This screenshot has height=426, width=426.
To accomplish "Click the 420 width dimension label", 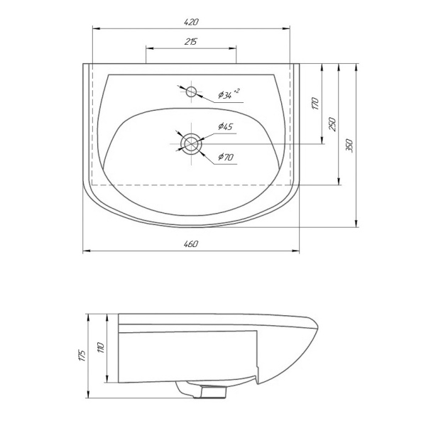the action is (x=191, y=22).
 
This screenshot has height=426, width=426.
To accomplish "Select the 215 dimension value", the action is (x=191, y=42).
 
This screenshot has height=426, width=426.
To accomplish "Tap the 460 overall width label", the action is (x=191, y=244).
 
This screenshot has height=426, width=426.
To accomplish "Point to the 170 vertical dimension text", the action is (x=315, y=103).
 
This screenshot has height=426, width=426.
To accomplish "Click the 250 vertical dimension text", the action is (x=332, y=124).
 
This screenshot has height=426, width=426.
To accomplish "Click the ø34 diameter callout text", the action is (x=229, y=94).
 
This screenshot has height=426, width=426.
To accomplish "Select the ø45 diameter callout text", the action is (x=226, y=126).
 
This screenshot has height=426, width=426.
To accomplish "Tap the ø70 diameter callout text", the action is (x=226, y=157).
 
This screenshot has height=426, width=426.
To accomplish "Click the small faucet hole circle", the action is (x=192, y=92).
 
